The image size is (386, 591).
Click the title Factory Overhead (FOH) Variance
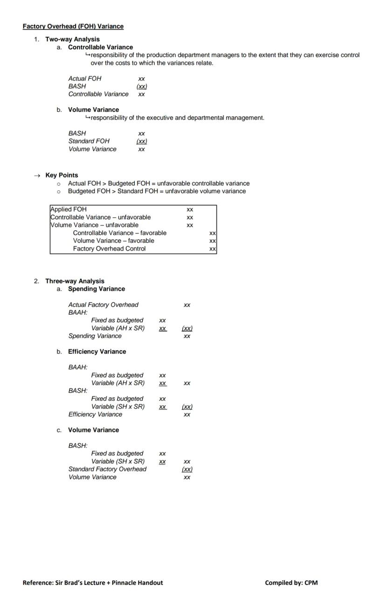pyautogui.click(x=73, y=26)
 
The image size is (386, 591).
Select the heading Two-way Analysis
pyautogui.click(x=72, y=39)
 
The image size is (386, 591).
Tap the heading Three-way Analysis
pyautogui.click(x=75, y=281)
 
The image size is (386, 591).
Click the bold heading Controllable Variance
pyautogui.click(x=100, y=47)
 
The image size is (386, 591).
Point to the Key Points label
pyautogui.click(x=62, y=175)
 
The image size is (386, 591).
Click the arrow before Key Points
pyautogui.click(x=37, y=176)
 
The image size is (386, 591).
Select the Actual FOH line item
pyautogui.click(x=84, y=78)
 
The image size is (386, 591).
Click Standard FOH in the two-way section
pyautogui.click(x=89, y=141)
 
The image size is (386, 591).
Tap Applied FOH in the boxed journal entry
pyautogui.click(x=69, y=209)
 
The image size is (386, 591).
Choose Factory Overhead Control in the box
pyautogui.click(x=109, y=248)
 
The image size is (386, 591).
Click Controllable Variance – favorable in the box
pyautogui.click(x=119, y=233)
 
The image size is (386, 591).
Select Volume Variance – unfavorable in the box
pyautogui.click(x=94, y=225)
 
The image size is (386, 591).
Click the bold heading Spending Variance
pyautogui.click(x=96, y=289)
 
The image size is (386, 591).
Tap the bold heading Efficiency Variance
pyautogui.click(x=97, y=352)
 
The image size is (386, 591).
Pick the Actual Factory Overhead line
pyautogui.click(x=103, y=305)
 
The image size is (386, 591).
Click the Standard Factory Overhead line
pyautogui.click(x=107, y=469)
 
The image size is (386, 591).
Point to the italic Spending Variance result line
pyautogui.click(x=95, y=336)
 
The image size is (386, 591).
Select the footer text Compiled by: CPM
pyautogui.click(x=291, y=582)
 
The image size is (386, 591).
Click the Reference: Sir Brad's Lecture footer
pyautogui.click(x=93, y=582)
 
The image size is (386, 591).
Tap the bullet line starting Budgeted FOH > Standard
pyautogui.click(x=157, y=191)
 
